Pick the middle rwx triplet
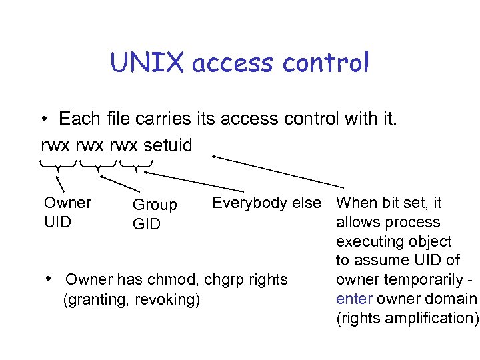point(93,145)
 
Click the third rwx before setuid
point(129,145)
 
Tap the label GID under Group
point(146,225)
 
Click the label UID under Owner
point(57,222)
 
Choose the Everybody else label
point(266,203)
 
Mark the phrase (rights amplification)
point(407,318)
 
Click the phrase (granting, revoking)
point(131,300)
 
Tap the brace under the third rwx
point(136,165)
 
